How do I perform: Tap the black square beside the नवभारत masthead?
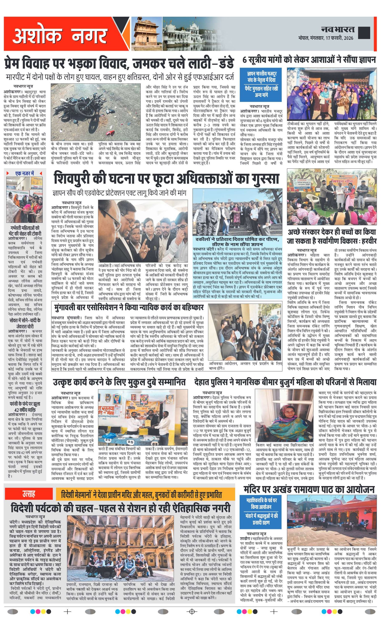[364, 32]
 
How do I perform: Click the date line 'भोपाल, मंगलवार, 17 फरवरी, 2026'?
[326, 38]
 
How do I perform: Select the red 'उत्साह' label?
[29, 494]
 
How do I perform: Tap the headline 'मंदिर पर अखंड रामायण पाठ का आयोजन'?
[309, 489]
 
